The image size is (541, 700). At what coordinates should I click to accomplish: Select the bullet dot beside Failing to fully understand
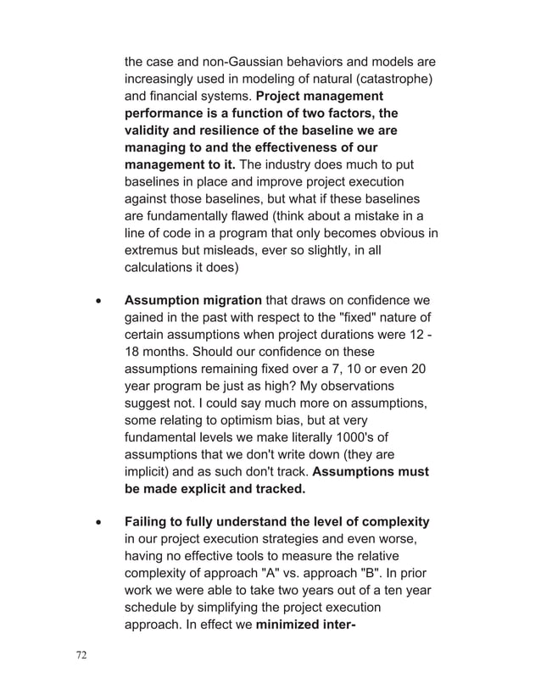[x=100, y=522]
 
